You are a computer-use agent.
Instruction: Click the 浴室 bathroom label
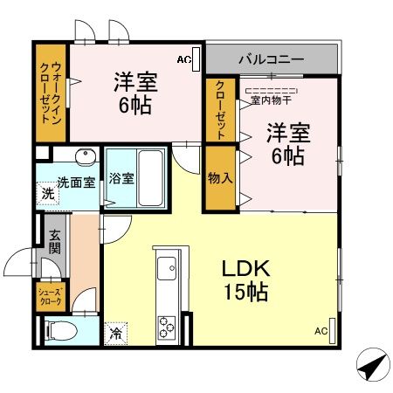tap(121, 179)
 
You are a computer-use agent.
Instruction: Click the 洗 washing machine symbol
tap(46, 195)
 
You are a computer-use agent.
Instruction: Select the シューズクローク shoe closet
tap(49, 295)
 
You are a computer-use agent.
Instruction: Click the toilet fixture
tap(59, 330)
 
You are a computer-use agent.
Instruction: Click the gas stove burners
tap(166, 327)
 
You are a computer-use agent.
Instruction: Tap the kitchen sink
tap(165, 265)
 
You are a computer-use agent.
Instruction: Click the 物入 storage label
tap(220, 178)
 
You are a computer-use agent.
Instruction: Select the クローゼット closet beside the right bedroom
tap(220, 109)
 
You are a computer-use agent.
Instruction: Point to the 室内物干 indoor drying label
tap(272, 99)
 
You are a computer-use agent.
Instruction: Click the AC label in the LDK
tap(321, 331)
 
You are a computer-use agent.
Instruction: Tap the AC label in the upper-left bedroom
tap(183, 59)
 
